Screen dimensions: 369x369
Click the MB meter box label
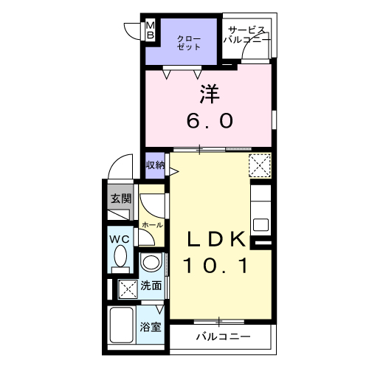[151, 30]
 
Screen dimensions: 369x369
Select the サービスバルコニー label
[248, 35]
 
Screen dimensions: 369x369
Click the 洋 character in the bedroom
[209, 94]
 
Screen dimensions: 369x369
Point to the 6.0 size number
[209, 119]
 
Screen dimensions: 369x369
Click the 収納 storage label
[155, 164]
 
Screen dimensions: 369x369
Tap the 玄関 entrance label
[121, 199]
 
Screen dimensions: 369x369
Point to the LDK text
[215, 238]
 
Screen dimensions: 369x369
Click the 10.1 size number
[215, 264]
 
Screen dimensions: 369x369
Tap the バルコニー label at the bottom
[223, 337]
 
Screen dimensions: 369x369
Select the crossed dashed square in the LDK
[259, 164]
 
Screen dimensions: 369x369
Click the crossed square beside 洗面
[127, 289]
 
